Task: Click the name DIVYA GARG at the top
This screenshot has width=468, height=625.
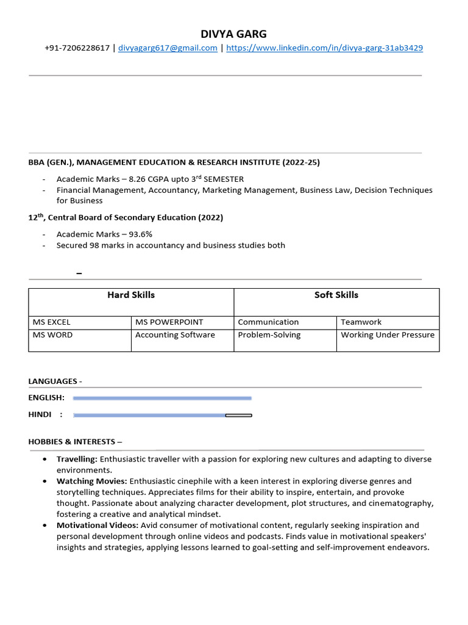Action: (x=233, y=34)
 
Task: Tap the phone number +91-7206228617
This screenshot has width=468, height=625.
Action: (x=77, y=48)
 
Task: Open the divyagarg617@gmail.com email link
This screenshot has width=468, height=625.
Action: (x=168, y=48)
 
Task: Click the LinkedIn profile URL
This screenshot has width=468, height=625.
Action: (x=324, y=48)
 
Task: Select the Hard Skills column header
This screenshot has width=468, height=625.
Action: (x=131, y=295)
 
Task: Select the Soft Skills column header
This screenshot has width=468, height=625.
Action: (x=336, y=295)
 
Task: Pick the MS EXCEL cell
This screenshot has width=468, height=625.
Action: (x=51, y=322)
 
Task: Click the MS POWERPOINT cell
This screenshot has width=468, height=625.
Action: (x=169, y=322)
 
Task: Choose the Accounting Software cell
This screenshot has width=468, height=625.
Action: (x=175, y=335)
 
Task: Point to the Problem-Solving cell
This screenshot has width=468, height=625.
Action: (x=269, y=335)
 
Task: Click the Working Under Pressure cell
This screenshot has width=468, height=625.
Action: (x=388, y=335)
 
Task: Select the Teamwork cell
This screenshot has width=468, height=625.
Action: (x=361, y=322)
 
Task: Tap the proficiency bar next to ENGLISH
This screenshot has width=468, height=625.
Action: (x=162, y=398)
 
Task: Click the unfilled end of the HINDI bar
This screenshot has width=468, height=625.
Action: (x=238, y=415)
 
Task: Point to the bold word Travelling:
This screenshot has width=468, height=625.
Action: (x=77, y=459)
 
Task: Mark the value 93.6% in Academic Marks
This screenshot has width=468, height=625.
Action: (x=139, y=234)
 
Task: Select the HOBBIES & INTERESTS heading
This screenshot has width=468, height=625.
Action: (x=75, y=441)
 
